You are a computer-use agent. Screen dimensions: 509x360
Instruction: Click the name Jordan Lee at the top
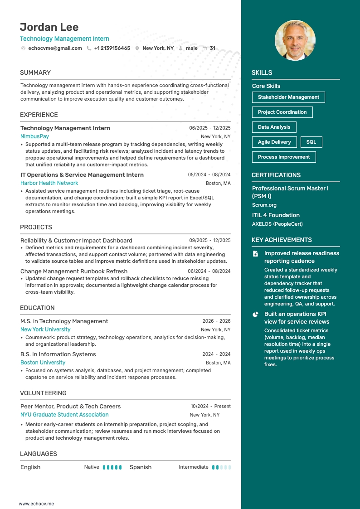(x=49, y=27)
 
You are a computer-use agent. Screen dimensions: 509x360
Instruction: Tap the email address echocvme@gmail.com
(x=55, y=48)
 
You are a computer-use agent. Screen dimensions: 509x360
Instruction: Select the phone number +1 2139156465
(x=112, y=48)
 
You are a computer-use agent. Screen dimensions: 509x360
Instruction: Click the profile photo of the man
(x=295, y=40)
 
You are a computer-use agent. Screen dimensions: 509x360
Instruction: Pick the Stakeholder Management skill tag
(x=288, y=97)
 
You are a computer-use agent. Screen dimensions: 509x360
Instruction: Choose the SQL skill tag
(x=311, y=142)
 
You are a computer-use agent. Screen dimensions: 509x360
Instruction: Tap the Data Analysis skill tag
(x=274, y=127)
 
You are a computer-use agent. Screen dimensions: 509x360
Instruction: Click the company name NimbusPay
(x=34, y=136)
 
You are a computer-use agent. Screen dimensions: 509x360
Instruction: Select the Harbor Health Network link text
(x=49, y=183)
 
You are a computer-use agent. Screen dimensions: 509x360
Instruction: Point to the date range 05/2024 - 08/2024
(x=209, y=175)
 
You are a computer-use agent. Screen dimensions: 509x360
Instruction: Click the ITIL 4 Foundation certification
(x=276, y=215)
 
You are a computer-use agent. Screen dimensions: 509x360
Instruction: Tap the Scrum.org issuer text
(x=264, y=205)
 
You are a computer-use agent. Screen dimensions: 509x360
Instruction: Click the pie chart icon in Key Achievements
(x=256, y=314)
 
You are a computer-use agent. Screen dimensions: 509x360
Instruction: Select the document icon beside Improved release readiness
(x=256, y=254)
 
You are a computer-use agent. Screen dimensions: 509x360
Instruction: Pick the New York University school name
(x=45, y=330)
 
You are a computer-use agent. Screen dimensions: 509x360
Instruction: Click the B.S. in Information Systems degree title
(x=58, y=354)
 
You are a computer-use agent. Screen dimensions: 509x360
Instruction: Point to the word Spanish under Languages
(x=141, y=467)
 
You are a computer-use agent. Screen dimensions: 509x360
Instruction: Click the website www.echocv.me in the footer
(x=36, y=504)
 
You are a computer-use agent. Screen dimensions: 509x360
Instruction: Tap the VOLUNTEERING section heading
(x=43, y=393)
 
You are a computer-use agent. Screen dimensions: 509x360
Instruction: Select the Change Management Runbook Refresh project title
(x=74, y=271)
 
